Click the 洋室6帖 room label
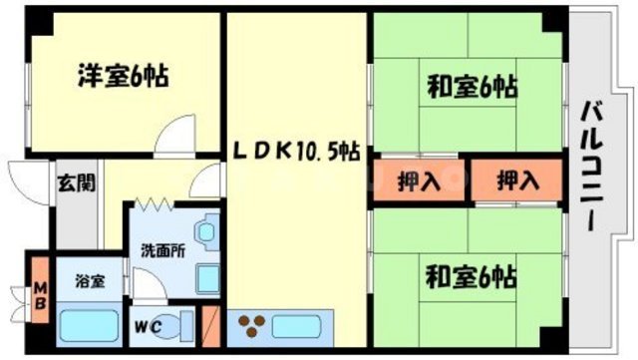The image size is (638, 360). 123,74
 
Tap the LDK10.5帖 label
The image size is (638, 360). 297,152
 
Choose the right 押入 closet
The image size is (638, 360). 517,180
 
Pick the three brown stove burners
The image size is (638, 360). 251,325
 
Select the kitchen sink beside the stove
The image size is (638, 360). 299,325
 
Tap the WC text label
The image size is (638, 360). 146,325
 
